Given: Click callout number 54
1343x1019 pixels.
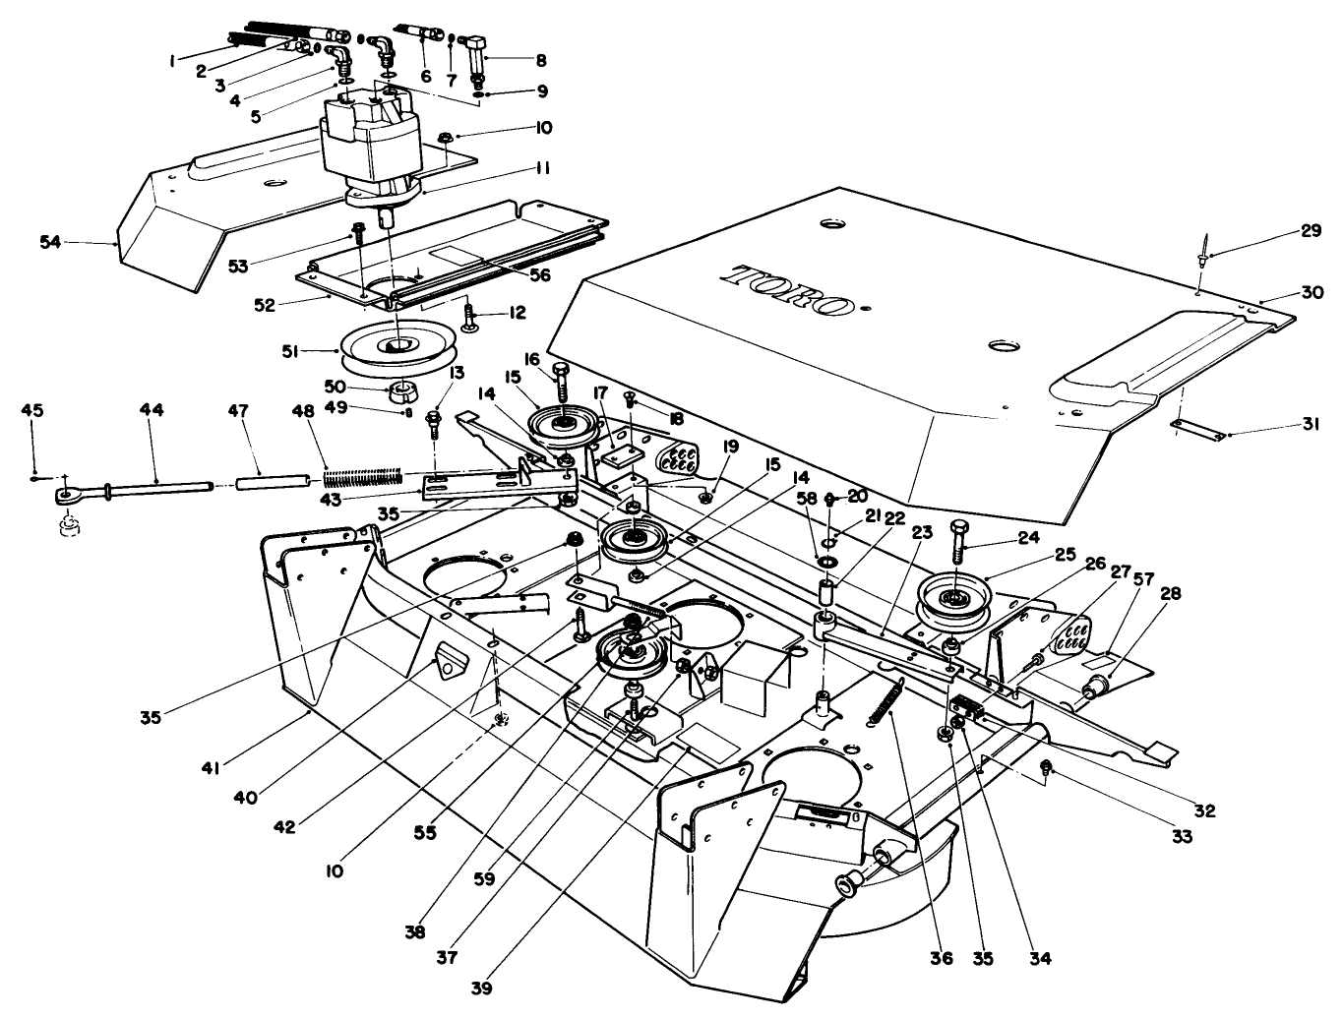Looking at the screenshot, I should (x=50, y=241).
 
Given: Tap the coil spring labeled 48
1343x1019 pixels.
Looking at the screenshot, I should (x=363, y=478).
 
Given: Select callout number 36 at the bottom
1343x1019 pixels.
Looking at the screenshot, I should (x=942, y=958).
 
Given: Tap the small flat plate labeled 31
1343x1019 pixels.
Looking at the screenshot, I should (x=1197, y=430).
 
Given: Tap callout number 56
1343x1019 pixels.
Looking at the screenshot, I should (x=537, y=276).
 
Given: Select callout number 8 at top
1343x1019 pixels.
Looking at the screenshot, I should (x=540, y=59).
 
